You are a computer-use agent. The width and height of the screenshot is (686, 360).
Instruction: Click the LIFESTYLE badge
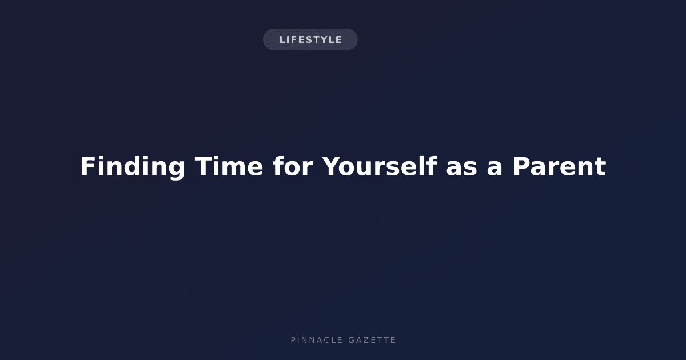coord(310,39)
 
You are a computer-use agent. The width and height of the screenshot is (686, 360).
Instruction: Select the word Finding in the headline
coord(133,167)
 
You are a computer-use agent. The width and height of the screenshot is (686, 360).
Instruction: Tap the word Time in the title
coord(229,166)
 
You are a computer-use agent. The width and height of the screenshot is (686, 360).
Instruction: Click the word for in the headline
coord(293,166)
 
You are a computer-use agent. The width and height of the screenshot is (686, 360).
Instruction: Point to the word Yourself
coord(380,166)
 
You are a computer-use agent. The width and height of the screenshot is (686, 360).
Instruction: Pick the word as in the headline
coord(461,169)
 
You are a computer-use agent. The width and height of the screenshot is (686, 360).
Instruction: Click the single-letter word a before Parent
coord(494,169)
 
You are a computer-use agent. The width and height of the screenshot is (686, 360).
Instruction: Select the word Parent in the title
coord(560,166)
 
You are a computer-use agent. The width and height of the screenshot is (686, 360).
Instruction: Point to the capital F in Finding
coord(88,166)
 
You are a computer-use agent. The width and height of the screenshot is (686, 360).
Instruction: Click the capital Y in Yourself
coord(333,166)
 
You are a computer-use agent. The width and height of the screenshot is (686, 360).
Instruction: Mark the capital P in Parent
coord(521,166)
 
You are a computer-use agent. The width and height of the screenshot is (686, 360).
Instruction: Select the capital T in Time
coord(204,166)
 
